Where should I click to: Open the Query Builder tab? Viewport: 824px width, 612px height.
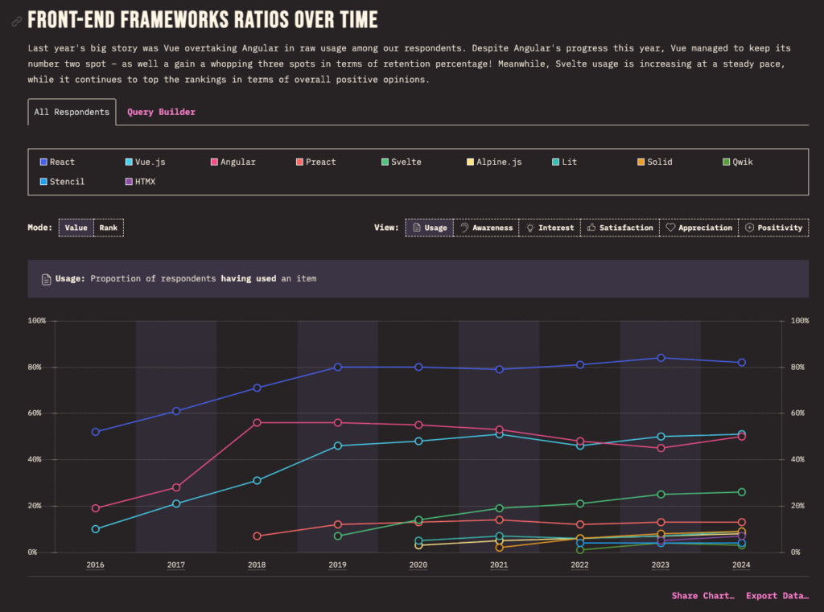tap(161, 112)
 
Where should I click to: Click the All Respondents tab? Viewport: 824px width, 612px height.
tap(72, 112)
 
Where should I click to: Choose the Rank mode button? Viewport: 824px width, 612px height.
tap(109, 228)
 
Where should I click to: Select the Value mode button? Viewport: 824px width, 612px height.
tap(76, 228)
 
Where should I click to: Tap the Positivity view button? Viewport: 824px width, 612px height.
tap(773, 228)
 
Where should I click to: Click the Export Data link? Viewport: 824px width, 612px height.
tap(777, 596)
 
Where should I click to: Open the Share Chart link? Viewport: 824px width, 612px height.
tap(703, 596)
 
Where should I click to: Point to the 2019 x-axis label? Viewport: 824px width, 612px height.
tap(338, 565)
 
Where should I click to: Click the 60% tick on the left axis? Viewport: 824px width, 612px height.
tap(37, 413)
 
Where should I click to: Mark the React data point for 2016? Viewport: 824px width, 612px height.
tap(96, 432)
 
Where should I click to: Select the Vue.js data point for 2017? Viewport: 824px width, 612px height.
tap(176, 503)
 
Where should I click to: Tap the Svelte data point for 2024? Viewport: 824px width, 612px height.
tap(742, 492)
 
